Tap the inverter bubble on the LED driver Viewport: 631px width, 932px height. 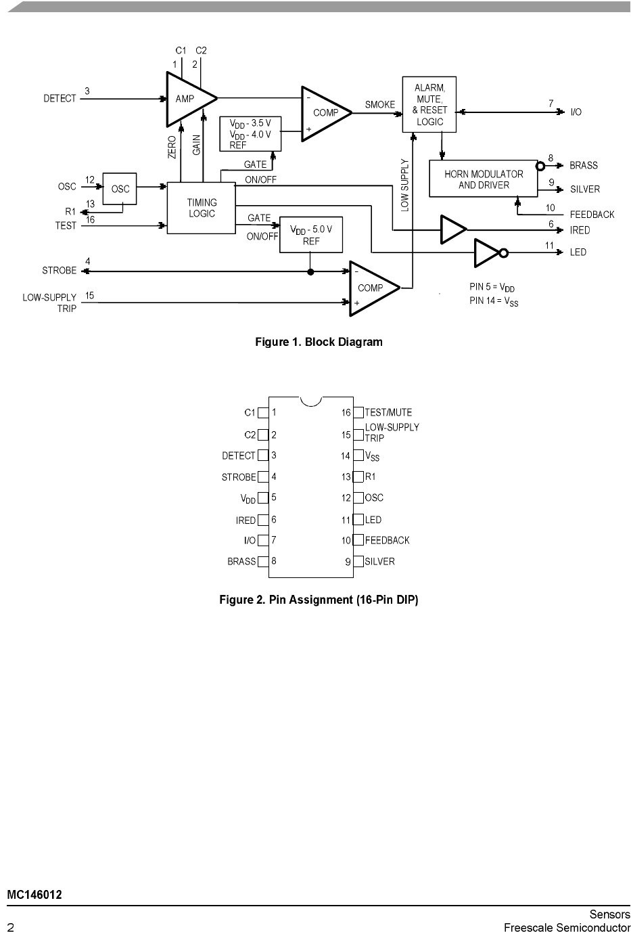pyautogui.click(x=503, y=252)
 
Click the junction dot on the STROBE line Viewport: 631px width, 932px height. pyautogui.click(x=310, y=272)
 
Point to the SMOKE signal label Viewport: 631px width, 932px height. pyautogui.click(x=380, y=105)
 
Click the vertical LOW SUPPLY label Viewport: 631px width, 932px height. pyautogui.click(x=405, y=185)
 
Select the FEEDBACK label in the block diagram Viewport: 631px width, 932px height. pyautogui.click(x=592, y=215)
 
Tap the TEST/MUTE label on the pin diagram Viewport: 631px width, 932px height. pyautogui.click(x=388, y=412)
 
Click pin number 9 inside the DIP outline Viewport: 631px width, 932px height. pyautogui.click(x=348, y=562)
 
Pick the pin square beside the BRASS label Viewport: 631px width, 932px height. pyautogui.click(x=263, y=562)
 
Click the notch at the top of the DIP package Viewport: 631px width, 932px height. pyautogui.click(x=311, y=405)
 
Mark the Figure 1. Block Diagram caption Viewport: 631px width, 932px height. pyautogui.click(x=319, y=342)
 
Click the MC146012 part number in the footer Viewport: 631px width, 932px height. pyautogui.click(x=34, y=895)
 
